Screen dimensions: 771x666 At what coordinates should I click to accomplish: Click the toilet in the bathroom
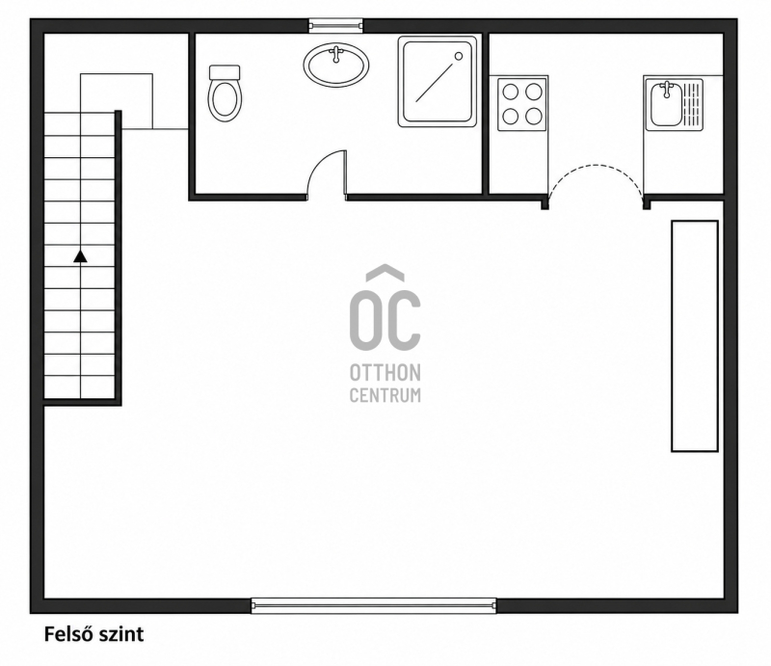point(225,93)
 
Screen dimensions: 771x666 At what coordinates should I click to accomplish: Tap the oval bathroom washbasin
point(336,65)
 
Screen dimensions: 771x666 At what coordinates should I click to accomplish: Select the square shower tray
point(438,82)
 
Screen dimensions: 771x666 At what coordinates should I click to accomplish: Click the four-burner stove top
point(521,104)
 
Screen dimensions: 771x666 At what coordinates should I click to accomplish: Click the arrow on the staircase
point(80,256)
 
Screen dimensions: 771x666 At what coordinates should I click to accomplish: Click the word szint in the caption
point(121,634)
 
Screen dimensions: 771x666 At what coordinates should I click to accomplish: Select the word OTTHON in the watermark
point(385,373)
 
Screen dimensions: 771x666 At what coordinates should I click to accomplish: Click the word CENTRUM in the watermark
point(385,395)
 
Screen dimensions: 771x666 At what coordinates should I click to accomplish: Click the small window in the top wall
point(335,25)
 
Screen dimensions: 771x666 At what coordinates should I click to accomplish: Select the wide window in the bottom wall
point(374,605)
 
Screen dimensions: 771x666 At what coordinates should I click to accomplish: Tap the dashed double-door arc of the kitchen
point(596,166)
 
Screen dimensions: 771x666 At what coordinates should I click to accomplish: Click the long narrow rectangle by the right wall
point(695,336)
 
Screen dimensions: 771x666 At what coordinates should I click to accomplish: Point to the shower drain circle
point(459,56)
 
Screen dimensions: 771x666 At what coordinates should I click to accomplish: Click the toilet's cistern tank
point(225,72)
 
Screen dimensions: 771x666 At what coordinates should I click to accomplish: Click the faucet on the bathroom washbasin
point(336,54)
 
